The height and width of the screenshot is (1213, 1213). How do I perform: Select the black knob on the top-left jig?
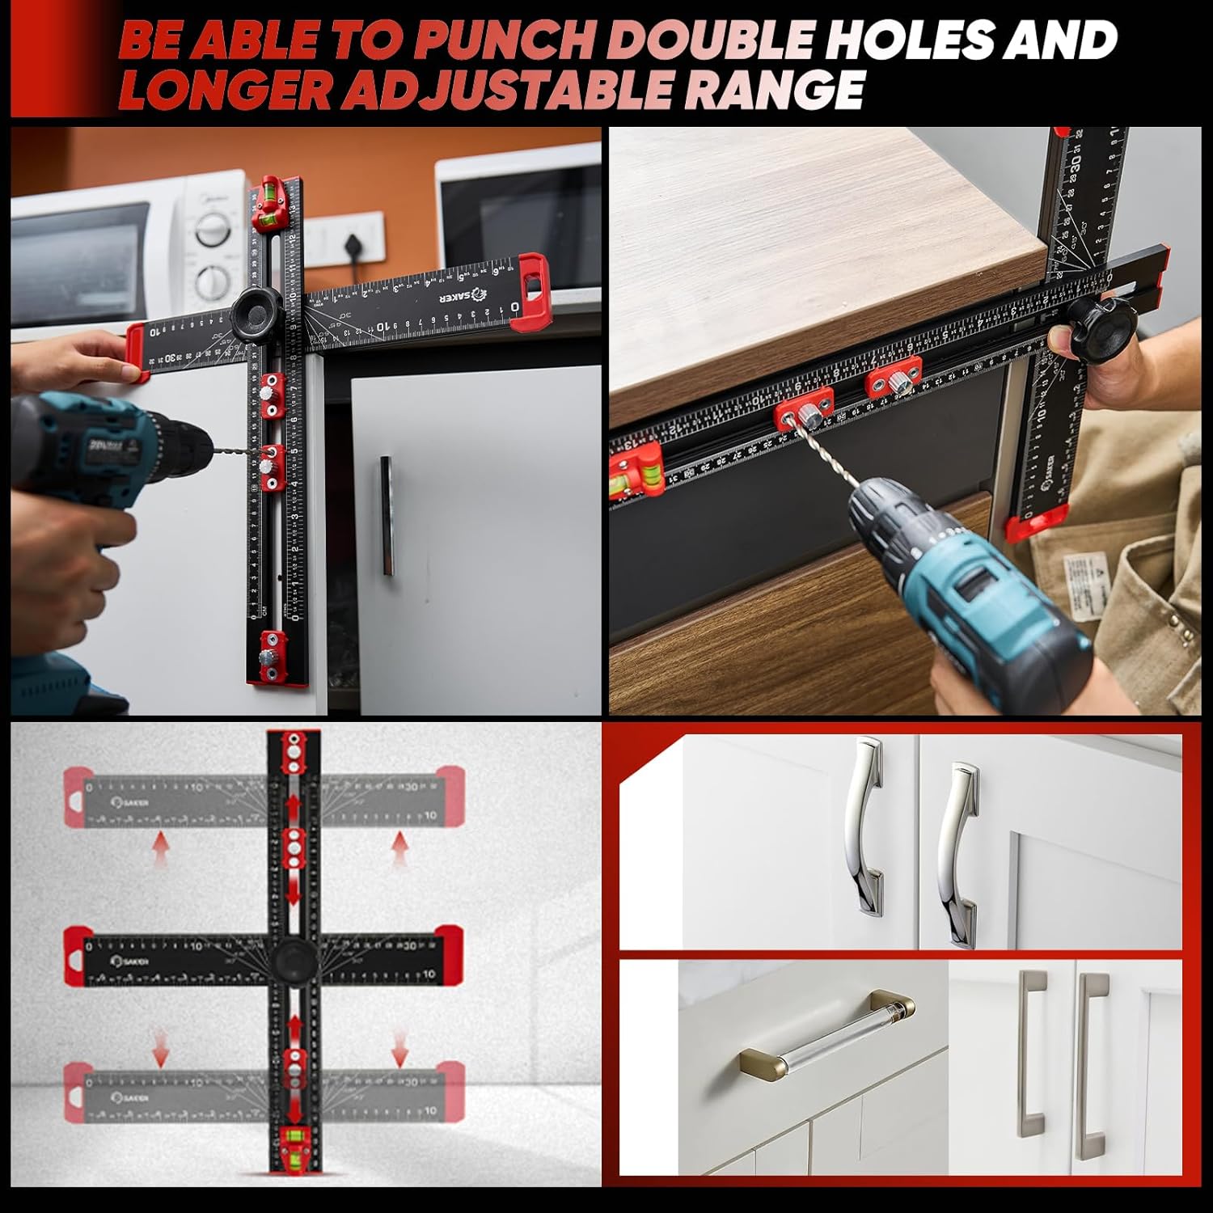click(x=255, y=313)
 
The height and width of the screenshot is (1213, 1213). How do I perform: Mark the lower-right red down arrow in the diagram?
click(x=399, y=1050)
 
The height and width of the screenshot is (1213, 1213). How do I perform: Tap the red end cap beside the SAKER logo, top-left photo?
click(x=531, y=293)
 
